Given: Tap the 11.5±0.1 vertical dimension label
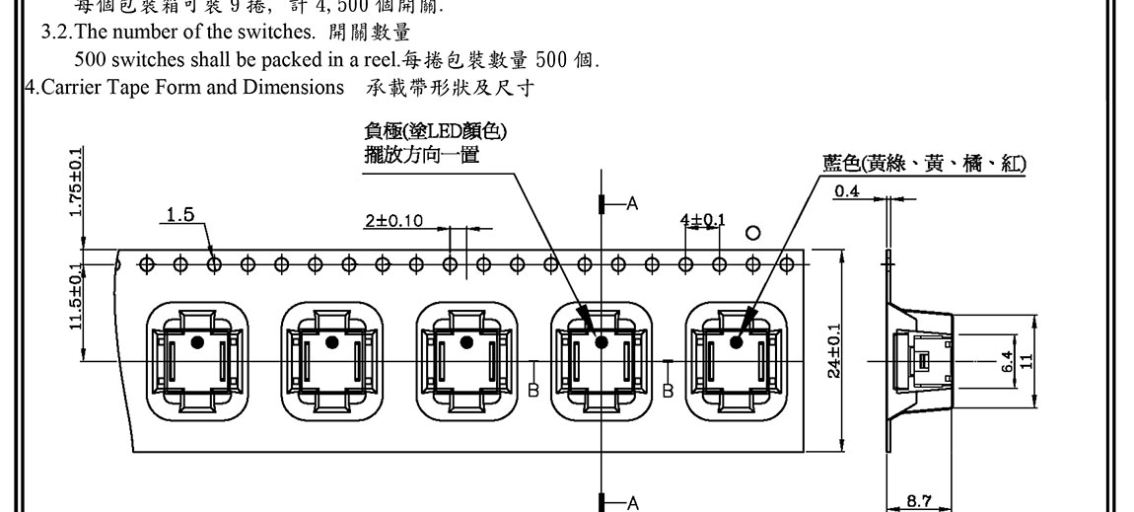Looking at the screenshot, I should click(77, 299).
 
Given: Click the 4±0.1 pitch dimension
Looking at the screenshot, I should click(702, 218).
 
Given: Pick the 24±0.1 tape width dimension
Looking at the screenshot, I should click(834, 349).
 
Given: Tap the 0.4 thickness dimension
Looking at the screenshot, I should click(846, 191).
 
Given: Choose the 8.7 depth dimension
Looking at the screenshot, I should click(918, 501).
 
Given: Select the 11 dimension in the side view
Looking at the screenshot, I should click(1027, 362).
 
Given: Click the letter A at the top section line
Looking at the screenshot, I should click(632, 203).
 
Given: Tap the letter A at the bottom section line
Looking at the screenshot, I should click(632, 502).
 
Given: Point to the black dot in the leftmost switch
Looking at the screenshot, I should click(197, 342).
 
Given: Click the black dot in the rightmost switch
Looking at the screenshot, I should click(737, 342).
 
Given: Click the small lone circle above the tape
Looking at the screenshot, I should click(753, 234).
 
